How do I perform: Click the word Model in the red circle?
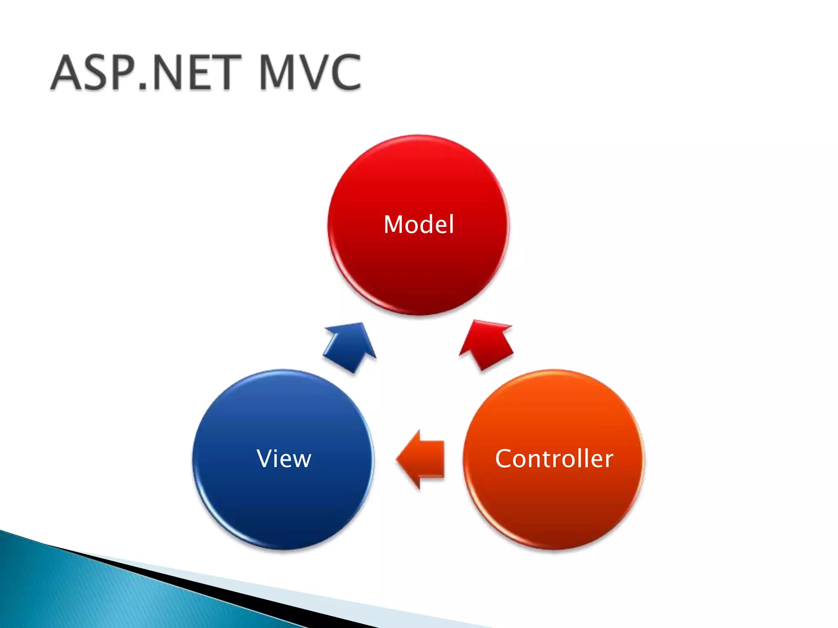[419, 224]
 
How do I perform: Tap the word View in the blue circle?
[284, 458]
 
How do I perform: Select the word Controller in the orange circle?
[554, 458]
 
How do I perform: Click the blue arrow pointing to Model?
[351, 345]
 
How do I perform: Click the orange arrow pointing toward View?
[421, 459]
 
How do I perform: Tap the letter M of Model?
[394, 224]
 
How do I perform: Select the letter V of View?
[265, 458]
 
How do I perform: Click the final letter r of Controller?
[608, 460]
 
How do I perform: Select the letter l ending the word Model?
[451, 224]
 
